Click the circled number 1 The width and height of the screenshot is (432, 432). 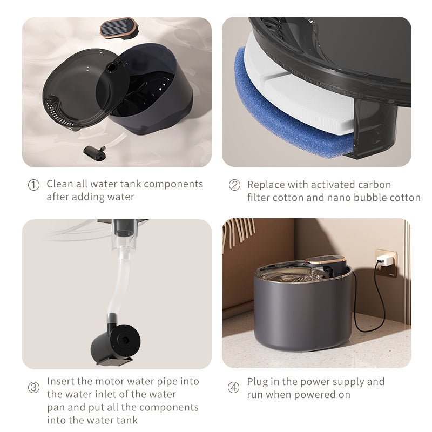33,185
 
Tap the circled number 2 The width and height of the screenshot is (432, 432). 234,185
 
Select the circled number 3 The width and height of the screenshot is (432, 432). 33,388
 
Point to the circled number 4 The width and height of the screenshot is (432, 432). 233,388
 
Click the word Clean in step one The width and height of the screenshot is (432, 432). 59,184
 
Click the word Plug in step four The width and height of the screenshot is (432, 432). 257,382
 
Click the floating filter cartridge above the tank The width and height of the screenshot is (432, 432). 118,27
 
